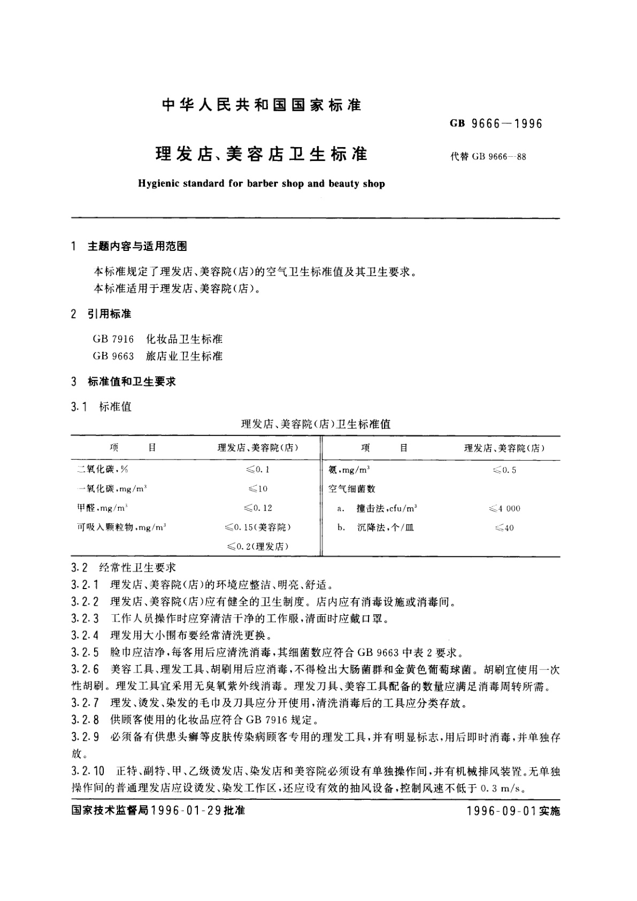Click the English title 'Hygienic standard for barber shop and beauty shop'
(262, 184)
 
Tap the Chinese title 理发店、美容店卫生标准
(262, 155)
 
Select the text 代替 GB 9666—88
(488, 157)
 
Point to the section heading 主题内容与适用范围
(137, 246)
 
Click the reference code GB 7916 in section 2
(113, 339)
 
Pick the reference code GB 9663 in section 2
(113, 356)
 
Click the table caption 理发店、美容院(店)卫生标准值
(316, 424)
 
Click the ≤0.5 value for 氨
(504, 470)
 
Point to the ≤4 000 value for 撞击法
(504, 508)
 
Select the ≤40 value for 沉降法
(504, 528)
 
